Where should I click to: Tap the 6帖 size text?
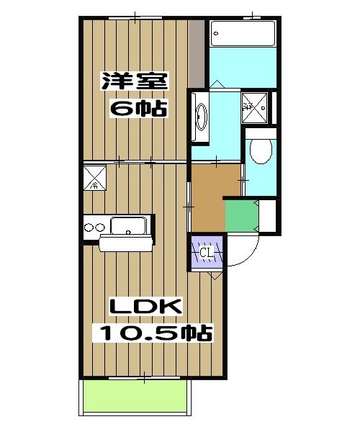click(x=138, y=109)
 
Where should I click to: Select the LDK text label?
click(x=145, y=307)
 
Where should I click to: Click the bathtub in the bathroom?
click(x=243, y=33)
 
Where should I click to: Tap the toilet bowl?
click(x=260, y=152)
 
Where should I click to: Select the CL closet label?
click(x=207, y=253)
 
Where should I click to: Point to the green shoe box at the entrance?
click(x=241, y=215)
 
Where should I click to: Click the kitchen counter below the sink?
click(x=127, y=243)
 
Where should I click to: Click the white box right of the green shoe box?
click(x=266, y=216)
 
